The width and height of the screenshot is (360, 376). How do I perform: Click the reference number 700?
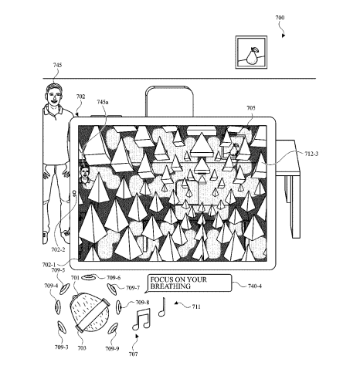tap(280, 18)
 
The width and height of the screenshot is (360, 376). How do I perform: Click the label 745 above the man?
tap(57, 65)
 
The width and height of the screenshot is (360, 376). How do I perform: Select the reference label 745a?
tap(103, 102)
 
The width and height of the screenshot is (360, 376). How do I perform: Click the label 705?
tap(251, 108)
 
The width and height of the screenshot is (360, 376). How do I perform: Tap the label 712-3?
tap(311, 154)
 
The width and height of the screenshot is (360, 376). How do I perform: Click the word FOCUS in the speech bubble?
tap(163, 279)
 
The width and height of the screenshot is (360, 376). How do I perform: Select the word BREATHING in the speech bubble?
tap(171, 286)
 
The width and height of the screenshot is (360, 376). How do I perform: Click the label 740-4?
tap(255, 286)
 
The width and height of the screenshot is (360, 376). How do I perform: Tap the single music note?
tap(162, 307)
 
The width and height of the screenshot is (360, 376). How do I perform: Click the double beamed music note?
tap(141, 319)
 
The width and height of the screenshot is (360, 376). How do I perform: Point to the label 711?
tap(196, 307)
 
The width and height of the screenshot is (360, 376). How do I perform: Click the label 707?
tap(133, 354)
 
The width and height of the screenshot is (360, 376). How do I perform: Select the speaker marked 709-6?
tap(89, 277)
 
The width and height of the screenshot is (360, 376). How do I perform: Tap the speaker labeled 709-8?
tap(119, 307)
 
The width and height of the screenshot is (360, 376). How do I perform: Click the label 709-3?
tap(61, 347)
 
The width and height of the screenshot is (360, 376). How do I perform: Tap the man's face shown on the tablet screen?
tap(84, 172)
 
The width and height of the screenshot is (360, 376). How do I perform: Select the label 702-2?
tap(58, 249)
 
